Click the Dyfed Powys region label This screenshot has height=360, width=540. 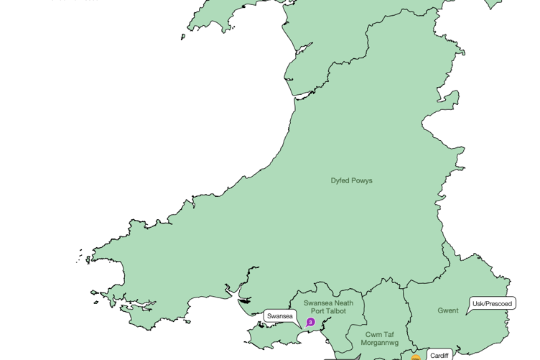[x=351, y=180]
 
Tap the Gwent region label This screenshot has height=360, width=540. [x=448, y=310]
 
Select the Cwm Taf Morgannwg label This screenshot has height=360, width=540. [x=380, y=338]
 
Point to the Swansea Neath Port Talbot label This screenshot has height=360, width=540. [x=328, y=307]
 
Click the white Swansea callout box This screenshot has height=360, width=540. [x=279, y=316]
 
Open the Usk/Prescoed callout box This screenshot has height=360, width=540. [x=492, y=304]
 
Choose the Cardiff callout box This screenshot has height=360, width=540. [x=439, y=355]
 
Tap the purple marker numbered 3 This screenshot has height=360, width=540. [x=310, y=323]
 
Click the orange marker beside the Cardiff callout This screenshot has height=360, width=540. [x=415, y=357]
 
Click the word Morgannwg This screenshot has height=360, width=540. [x=380, y=343]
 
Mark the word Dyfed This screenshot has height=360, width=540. [x=340, y=180]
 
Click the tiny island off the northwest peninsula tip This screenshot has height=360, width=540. [x=183, y=37]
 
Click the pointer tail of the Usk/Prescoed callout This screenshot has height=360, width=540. [x=469, y=312]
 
